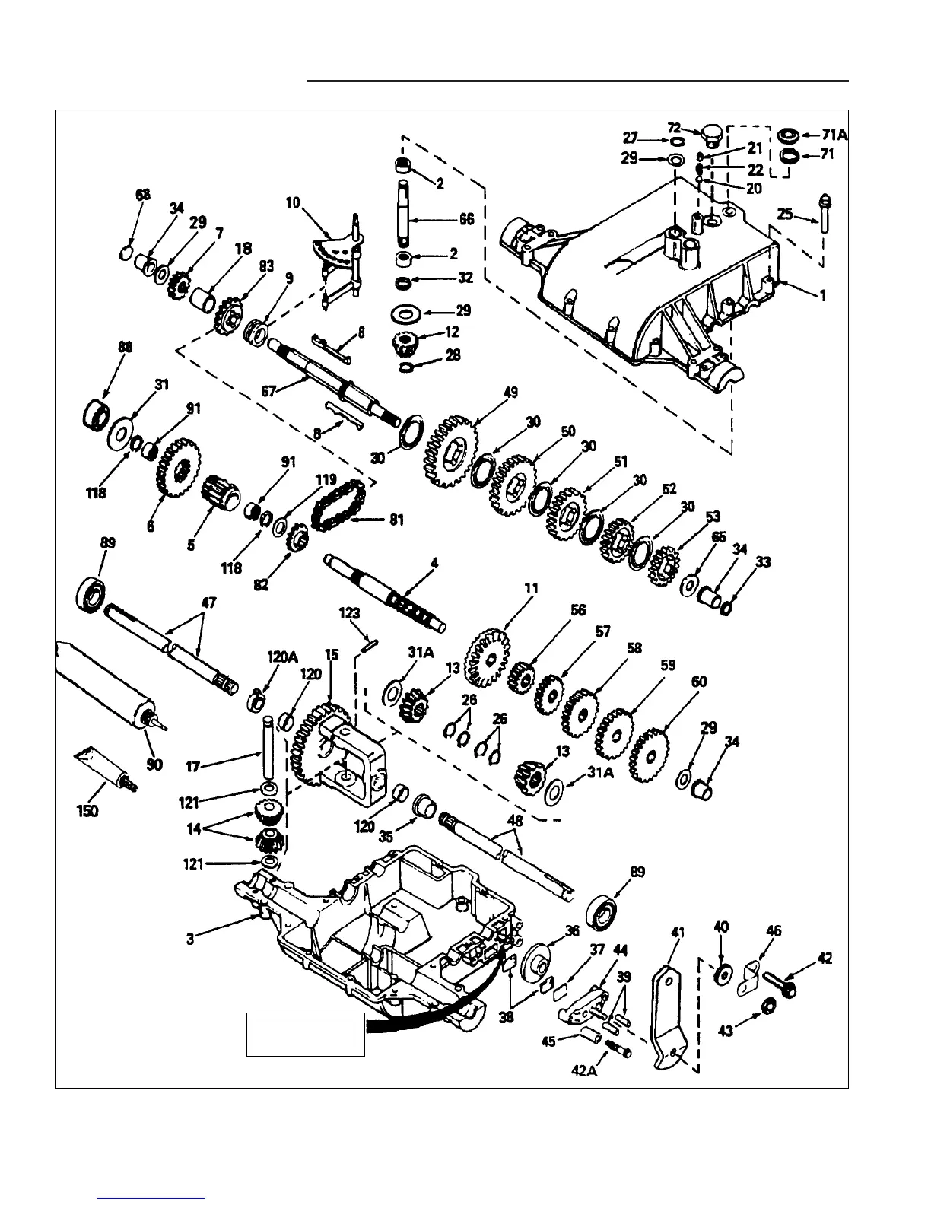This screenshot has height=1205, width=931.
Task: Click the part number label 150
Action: point(87,811)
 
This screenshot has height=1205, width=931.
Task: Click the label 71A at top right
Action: point(833,135)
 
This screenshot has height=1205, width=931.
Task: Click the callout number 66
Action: point(466,219)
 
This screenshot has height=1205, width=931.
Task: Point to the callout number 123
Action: point(351,613)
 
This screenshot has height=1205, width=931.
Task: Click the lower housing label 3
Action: point(190,940)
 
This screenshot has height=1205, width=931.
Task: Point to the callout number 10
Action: point(294,203)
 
